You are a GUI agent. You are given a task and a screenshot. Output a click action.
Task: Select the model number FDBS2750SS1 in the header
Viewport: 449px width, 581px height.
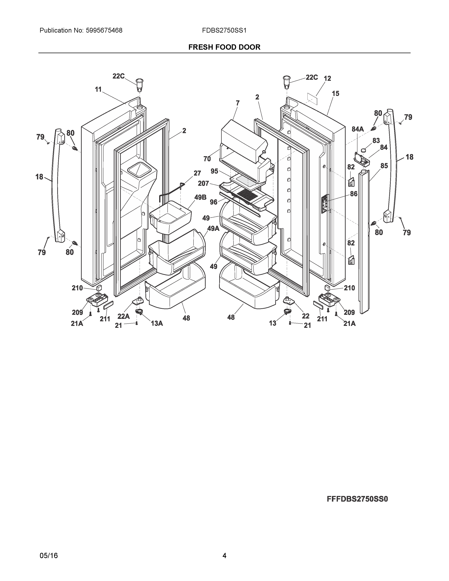[224, 31]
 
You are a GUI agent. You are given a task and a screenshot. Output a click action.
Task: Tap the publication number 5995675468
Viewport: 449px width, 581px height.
[104, 31]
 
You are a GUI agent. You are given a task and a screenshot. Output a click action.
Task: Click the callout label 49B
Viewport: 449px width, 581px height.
[200, 197]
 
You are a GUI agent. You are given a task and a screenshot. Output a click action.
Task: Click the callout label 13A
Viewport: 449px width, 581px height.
[157, 323]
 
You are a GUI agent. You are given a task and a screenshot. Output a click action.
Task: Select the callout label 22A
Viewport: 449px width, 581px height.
[123, 316]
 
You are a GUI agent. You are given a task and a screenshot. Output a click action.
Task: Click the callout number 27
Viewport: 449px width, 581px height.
[197, 173]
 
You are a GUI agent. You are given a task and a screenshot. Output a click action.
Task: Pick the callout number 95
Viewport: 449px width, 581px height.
[214, 171]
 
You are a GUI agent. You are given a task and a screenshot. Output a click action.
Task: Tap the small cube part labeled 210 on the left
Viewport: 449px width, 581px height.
[99, 287]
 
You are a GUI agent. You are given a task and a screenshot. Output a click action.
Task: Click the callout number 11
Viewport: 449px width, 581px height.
[98, 90]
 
